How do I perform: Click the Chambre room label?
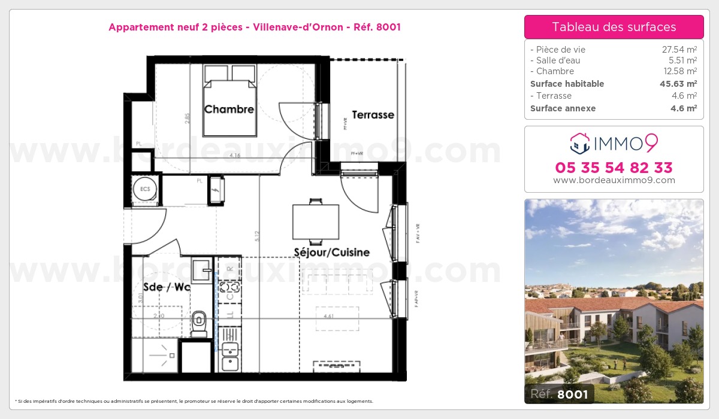coord(229,110)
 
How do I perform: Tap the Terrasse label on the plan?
coord(373,114)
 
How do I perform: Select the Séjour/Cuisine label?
coord(331,252)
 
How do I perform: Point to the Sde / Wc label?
coord(167,287)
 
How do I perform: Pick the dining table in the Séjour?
coord(316,221)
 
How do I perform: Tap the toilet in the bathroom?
coord(199,321)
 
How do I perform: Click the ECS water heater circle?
coord(145,189)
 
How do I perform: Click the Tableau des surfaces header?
coord(614,27)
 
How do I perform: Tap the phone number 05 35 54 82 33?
coord(614,167)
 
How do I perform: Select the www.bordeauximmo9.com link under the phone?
coord(614,180)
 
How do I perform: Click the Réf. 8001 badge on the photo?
coord(560,393)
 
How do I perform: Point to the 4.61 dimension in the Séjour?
coord(328,316)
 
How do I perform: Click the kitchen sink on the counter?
coord(229,363)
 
